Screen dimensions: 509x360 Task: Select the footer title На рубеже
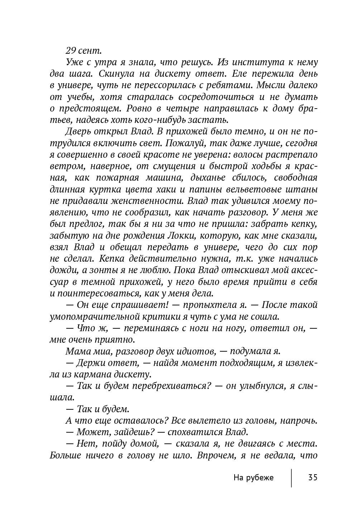(253, 477)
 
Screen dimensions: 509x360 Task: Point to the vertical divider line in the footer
(291, 477)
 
